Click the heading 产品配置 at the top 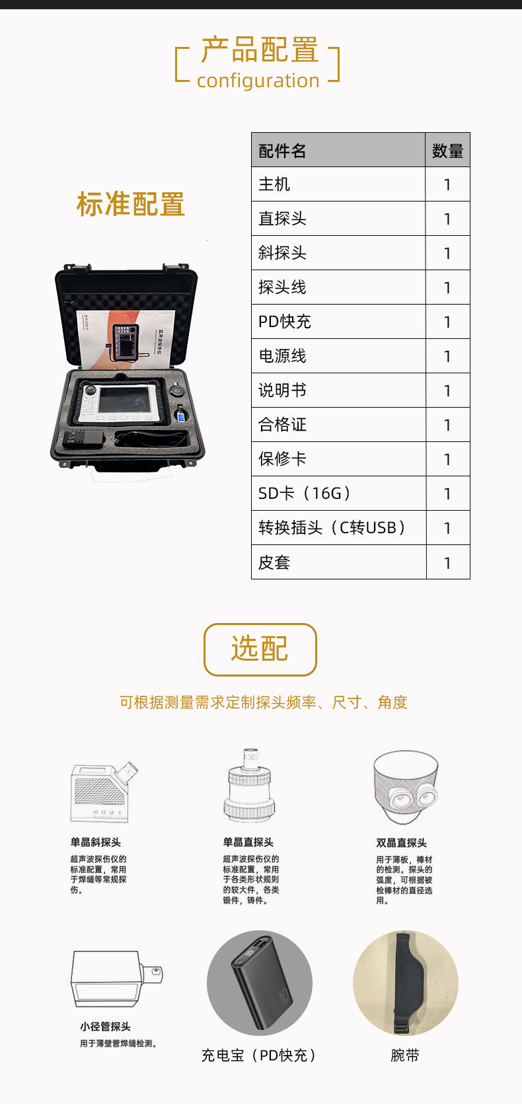tap(259, 50)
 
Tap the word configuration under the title tap(258, 81)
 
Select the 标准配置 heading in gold tap(131, 204)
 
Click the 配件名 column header tap(282, 151)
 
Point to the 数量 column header tap(447, 151)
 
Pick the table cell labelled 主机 tap(274, 184)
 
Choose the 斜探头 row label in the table tap(282, 253)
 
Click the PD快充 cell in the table tap(285, 322)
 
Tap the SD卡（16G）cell tap(305, 494)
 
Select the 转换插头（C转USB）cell tap(332, 528)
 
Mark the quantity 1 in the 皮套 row tap(447, 563)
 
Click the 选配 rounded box tap(260, 649)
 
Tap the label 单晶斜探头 tap(96, 842)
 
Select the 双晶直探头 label tap(402, 843)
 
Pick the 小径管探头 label tap(106, 1027)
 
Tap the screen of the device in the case tap(127, 400)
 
